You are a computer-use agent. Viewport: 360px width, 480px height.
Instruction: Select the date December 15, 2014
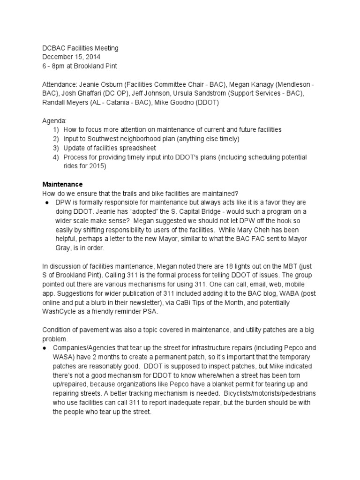71,57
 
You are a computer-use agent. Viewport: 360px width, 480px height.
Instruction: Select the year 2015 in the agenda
99,166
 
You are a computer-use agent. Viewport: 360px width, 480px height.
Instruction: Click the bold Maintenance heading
62,184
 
